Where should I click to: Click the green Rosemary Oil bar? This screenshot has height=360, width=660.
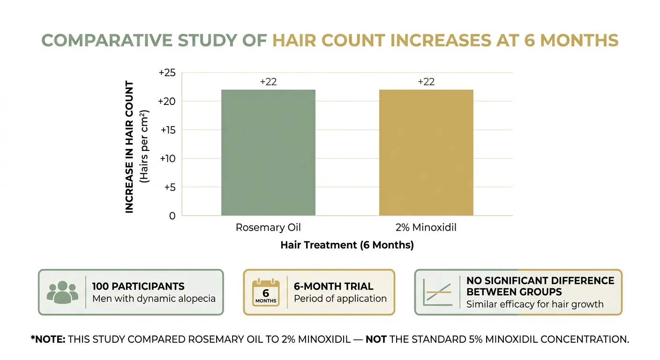pos(268,152)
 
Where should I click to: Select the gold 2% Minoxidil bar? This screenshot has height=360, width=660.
pos(426,152)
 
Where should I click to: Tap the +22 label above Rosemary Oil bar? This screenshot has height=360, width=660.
pos(268,82)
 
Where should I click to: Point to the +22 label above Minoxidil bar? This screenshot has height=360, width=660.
pos(426,82)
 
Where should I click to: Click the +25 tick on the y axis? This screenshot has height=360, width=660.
pos(167,73)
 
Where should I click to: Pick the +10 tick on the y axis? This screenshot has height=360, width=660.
pos(167,158)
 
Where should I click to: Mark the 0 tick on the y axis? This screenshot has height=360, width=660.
pos(172,216)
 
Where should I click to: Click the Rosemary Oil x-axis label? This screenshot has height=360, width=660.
pos(268,228)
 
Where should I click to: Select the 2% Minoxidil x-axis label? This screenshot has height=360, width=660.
pos(426,228)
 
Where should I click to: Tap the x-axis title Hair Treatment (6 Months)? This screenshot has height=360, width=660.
pos(347,245)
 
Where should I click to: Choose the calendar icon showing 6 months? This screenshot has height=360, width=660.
pos(266,292)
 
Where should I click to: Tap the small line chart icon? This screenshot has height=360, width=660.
pos(437,292)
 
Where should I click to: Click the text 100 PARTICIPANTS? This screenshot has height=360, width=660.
pos(138,286)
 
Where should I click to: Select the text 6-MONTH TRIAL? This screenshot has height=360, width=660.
pos(333,286)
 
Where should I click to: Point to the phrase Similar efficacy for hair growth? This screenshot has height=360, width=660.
pos(535,304)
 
